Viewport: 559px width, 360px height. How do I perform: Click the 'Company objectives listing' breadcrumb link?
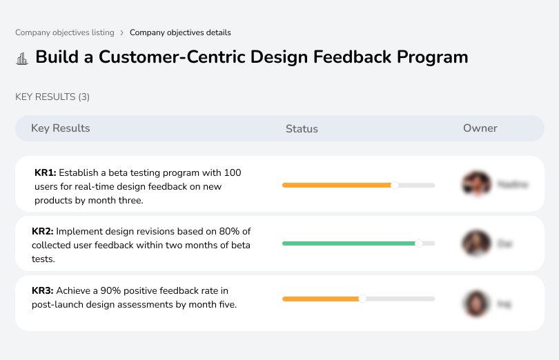(65, 32)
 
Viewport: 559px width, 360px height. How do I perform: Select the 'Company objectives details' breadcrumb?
(180, 32)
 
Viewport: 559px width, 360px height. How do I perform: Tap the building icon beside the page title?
(22, 58)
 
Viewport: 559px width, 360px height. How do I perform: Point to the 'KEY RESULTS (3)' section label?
(52, 97)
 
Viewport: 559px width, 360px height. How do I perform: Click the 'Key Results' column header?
(61, 128)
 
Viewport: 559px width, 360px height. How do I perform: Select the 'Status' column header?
(302, 129)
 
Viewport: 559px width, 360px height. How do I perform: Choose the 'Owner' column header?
(480, 128)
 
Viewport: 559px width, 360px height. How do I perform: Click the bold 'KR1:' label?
(45, 172)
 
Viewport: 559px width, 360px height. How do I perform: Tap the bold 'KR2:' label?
(43, 232)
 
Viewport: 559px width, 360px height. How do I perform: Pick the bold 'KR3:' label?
(43, 291)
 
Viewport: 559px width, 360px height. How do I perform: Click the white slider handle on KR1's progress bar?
(395, 185)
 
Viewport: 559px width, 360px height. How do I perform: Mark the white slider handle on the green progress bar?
(418, 243)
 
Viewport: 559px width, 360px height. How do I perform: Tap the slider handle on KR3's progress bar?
(362, 299)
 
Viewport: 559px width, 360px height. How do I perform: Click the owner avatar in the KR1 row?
(476, 184)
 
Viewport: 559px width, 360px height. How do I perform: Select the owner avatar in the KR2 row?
(476, 243)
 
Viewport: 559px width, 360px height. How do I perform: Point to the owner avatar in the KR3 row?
(476, 303)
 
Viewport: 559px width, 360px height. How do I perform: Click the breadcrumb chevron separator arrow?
(121, 32)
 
